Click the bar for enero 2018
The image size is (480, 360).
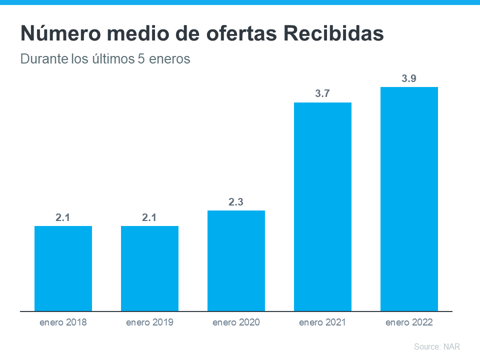[63, 268]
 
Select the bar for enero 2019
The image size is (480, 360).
[149, 268]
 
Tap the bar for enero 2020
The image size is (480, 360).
[236, 260]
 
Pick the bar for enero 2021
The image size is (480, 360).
[322, 206]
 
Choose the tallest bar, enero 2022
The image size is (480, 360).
[409, 199]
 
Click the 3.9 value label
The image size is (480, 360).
[409, 78]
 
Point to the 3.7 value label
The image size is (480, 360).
[322, 93]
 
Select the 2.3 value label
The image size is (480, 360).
[236, 202]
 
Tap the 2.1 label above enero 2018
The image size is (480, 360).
[63, 217]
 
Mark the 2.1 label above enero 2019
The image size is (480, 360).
[149, 217]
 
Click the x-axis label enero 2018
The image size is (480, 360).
[63, 322]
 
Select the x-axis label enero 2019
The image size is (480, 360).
[149, 322]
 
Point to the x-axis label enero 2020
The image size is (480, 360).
[236, 322]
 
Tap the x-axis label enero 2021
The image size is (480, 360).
[322, 322]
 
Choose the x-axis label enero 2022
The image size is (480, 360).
[409, 322]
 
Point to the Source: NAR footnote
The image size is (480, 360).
[436, 346]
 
